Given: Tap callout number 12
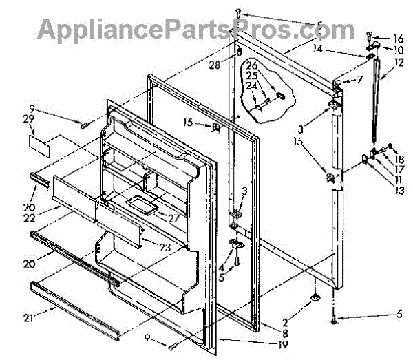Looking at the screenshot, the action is tap(399, 63).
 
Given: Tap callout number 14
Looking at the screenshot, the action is tap(337, 50).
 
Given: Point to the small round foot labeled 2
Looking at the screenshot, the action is tap(315, 297).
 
